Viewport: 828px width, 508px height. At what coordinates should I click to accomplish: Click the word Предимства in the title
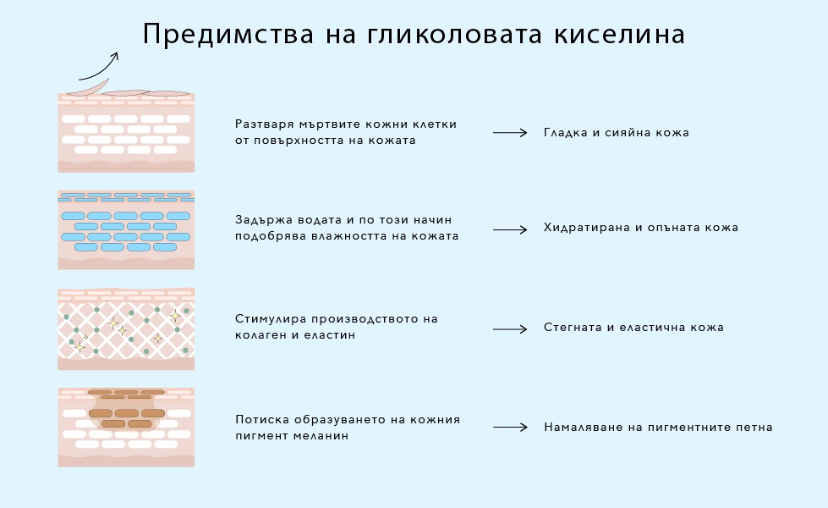tap(228, 35)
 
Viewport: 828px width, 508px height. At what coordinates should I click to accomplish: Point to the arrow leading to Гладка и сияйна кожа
tap(510, 133)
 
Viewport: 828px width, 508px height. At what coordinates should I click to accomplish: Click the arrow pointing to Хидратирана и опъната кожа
tap(510, 229)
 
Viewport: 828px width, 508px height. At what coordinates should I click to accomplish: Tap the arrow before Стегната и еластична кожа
tap(510, 329)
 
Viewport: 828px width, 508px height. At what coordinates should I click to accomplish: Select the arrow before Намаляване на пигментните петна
tap(510, 427)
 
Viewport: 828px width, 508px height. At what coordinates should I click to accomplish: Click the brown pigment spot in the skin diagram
tap(127, 410)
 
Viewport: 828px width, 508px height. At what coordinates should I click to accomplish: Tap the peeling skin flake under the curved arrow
tap(89, 88)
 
